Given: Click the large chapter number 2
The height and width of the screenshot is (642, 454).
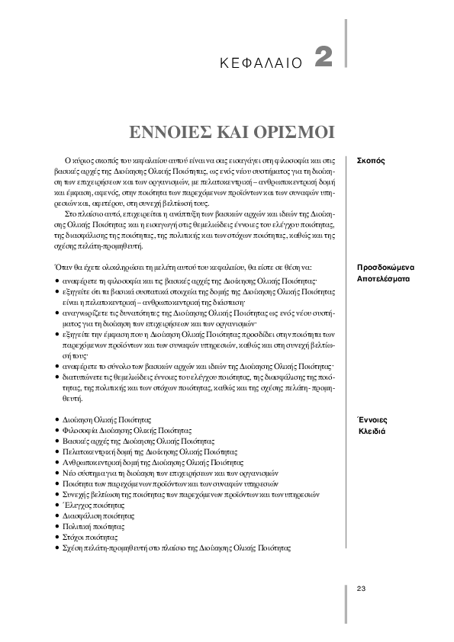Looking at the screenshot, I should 324,58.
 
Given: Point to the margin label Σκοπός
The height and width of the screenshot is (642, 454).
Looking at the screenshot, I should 371,162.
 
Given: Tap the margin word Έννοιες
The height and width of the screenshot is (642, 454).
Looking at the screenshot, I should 373,419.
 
